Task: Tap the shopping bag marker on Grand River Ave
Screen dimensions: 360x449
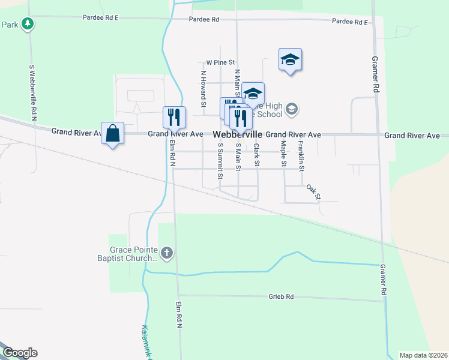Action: pyautogui.click(x=113, y=133)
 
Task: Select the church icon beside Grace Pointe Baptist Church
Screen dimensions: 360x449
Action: pyautogui.click(x=167, y=254)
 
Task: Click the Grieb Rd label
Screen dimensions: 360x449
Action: pyautogui.click(x=281, y=296)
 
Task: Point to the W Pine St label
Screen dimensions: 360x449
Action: pyautogui.click(x=220, y=62)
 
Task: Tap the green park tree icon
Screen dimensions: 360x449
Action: pyautogui.click(x=27, y=24)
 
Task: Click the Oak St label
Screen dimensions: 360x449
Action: pyautogui.click(x=314, y=192)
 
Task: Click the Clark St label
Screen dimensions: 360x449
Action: pyautogui.click(x=256, y=155)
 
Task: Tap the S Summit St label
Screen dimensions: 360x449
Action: pyautogui.click(x=220, y=161)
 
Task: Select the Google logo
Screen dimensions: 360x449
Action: pyautogui.click(x=20, y=353)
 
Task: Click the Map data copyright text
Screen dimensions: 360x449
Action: pyautogui.click(x=423, y=355)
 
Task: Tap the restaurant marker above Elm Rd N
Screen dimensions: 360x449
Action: pyautogui.click(x=175, y=117)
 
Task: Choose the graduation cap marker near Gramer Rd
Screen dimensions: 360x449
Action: pyautogui.click(x=290, y=59)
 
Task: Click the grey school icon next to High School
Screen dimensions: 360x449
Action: pyautogui.click(x=292, y=109)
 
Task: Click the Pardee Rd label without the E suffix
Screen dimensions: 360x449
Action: pyautogui.click(x=204, y=19)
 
